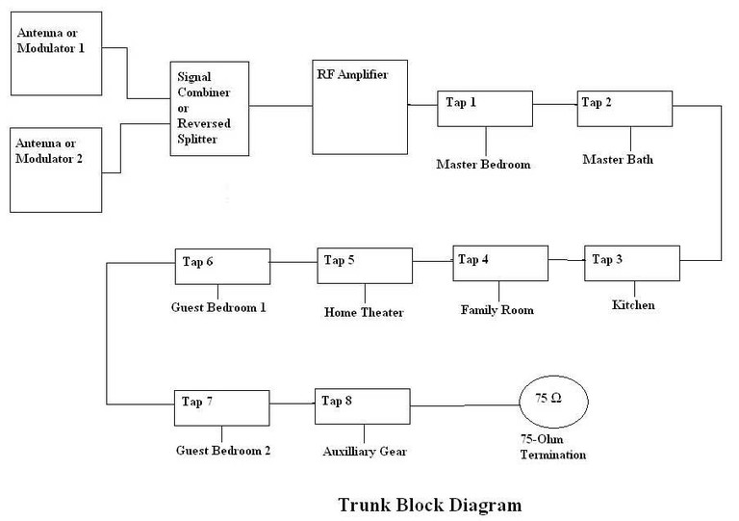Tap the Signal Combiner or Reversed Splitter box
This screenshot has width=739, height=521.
click(x=210, y=107)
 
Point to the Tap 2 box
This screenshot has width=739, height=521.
click(x=623, y=109)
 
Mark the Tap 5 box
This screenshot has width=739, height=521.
click(x=364, y=265)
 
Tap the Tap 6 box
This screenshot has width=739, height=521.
click(x=221, y=267)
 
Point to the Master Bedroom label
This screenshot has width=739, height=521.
click(x=483, y=164)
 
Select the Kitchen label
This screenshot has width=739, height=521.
click(x=633, y=305)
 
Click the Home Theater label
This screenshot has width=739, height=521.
click(x=364, y=312)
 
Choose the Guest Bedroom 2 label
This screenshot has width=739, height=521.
click(x=223, y=450)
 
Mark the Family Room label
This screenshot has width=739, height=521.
click(x=497, y=310)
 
